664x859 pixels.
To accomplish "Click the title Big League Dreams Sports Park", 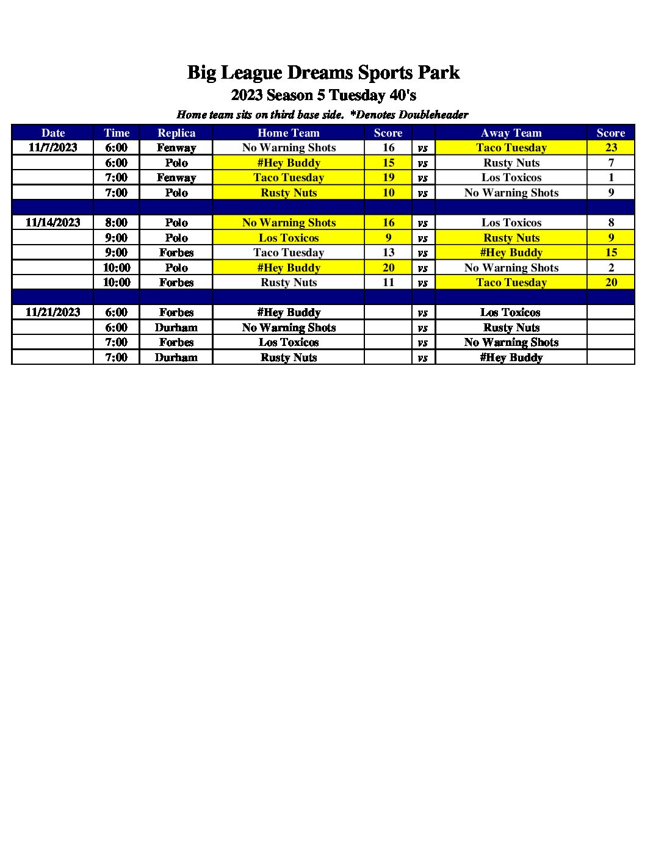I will (x=323, y=73).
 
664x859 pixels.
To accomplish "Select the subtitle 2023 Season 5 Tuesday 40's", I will (x=323, y=95).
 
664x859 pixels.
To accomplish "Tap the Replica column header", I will (x=176, y=133).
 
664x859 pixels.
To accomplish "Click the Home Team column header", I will (x=288, y=133).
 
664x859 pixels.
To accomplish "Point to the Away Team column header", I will (x=511, y=133).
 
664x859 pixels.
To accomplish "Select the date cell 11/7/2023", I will (x=53, y=148).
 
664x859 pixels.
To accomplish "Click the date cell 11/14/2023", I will (x=53, y=223).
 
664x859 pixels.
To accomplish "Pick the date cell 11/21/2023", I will (x=53, y=312).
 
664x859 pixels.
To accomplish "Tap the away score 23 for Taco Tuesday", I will (x=611, y=148).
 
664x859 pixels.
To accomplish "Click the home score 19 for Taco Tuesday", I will (x=388, y=178).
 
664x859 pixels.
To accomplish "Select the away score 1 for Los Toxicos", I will (x=611, y=178).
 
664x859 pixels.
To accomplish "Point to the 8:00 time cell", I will (x=116, y=223).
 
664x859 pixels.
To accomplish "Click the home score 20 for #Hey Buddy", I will (x=388, y=268).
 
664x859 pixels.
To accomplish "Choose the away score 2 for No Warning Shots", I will (x=611, y=268).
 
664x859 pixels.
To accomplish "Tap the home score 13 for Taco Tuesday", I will (x=388, y=253).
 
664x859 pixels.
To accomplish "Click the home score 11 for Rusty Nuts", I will (x=388, y=282).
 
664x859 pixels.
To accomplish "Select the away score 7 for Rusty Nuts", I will (x=611, y=163).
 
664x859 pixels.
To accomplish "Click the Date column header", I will (x=53, y=133).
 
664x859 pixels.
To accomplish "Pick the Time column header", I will (x=116, y=133).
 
